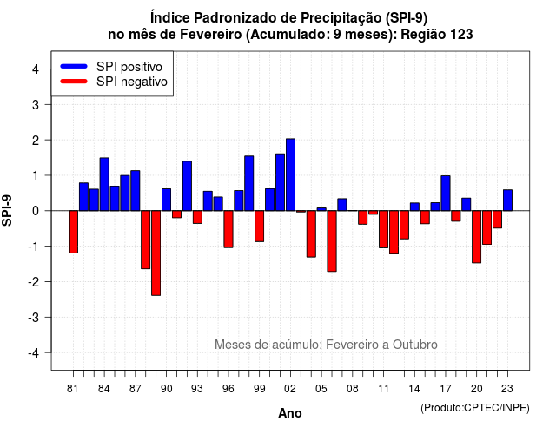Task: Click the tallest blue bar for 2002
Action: tap(290, 174)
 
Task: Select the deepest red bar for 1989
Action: tap(156, 253)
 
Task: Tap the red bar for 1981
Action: tap(73, 232)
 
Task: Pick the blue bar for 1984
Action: tap(104, 184)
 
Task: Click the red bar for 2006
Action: tap(332, 241)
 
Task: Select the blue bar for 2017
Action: tap(446, 193)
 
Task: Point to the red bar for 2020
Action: tap(477, 237)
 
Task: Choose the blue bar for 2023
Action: tap(507, 201)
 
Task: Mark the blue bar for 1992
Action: tap(187, 186)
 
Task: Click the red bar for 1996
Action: tap(228, 229)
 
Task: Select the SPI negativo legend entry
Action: tap(114, 82)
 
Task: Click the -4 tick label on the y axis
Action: tap(34, 353)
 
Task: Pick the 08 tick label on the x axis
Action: tap(352, 389)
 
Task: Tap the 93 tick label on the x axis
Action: tap(197, 389)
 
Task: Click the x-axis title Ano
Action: tap(290, 413)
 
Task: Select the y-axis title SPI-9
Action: tap(7, 210)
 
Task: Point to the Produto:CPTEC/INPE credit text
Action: tap(475, 408)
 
